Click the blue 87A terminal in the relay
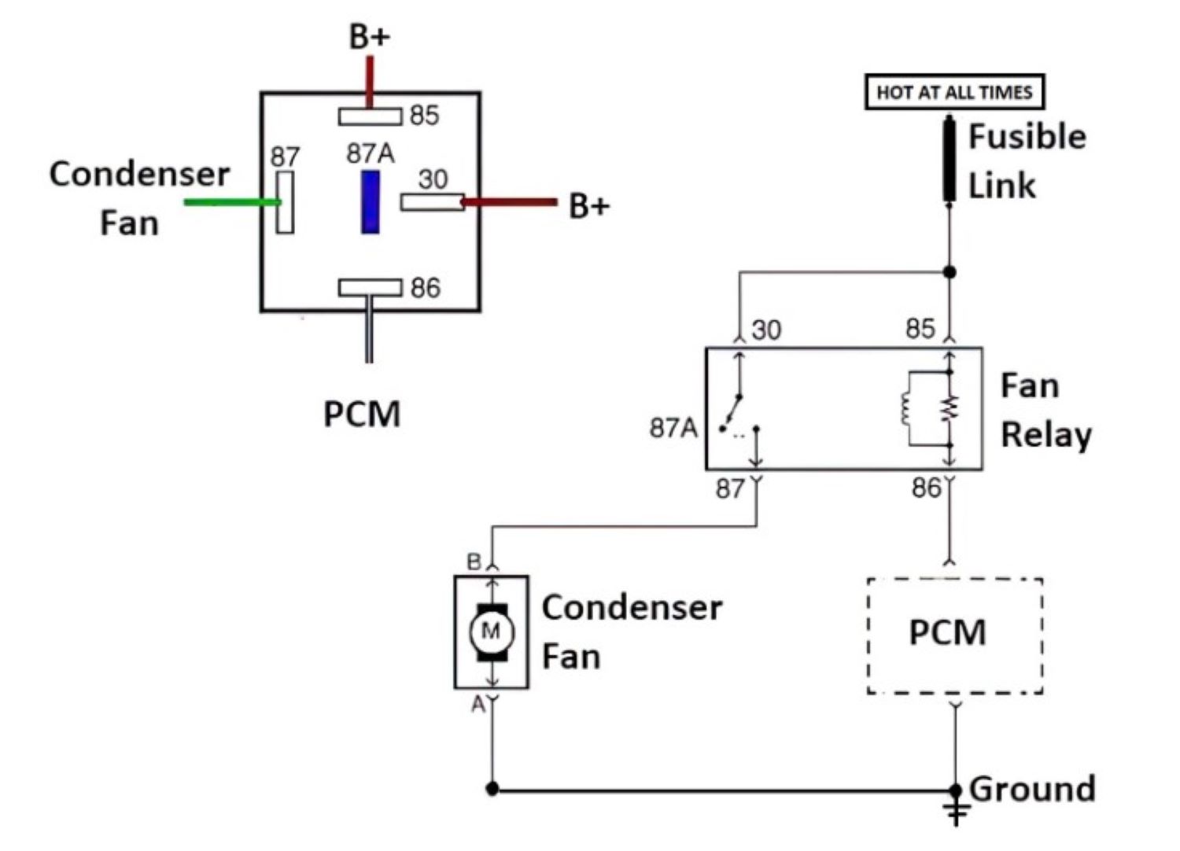(370, 202)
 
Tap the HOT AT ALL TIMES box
(953, 92)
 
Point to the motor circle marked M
(491, 631)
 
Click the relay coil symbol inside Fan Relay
(907, 408)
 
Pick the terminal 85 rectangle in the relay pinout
(370, 116)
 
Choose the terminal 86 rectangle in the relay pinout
(370, 288)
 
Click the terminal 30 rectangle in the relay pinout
(432, 202)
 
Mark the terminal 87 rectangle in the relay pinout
(285, 202)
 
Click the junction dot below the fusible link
(950, 272)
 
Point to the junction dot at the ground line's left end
(492, 788)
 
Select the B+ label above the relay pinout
(369, 37)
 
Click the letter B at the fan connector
(474, 562)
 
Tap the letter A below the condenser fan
(478, 705)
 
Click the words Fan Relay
(1045, 411)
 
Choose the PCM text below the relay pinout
(362, 414)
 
